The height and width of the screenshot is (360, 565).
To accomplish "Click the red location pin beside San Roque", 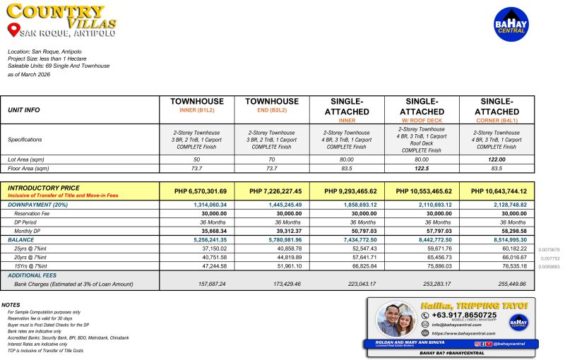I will [x=12, y=30].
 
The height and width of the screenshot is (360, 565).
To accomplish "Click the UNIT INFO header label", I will [x=23, y=110].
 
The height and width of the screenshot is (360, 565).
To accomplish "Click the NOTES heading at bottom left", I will [x=11, y=305].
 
